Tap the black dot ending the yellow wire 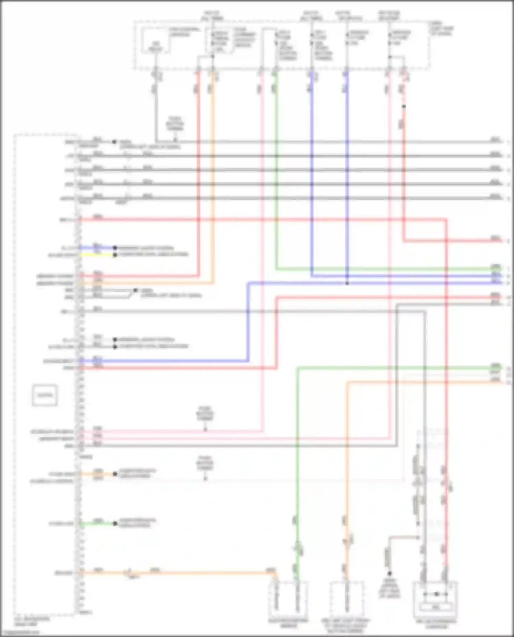pyautogui.click(x=115, y=255)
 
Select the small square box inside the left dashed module pyautogui.click(x=45, y=395)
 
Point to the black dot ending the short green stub pyautogui.click(x=115, y=523)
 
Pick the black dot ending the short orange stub pyautogui.click(x=115, y=474)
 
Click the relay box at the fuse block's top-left pyautogui.click(x=156, y=41)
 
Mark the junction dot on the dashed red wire pyautogui.click(x=404, y=106)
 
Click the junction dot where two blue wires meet pyautogui.click(x=347, y=283)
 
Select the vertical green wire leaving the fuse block pyautogui.click(x=277, y=171)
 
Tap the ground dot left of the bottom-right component pyautogui.click(x=390, y=573)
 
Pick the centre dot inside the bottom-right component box pyautogui.click(x=436, y=594)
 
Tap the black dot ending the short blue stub pyautogui.click(x=115, y=248)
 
